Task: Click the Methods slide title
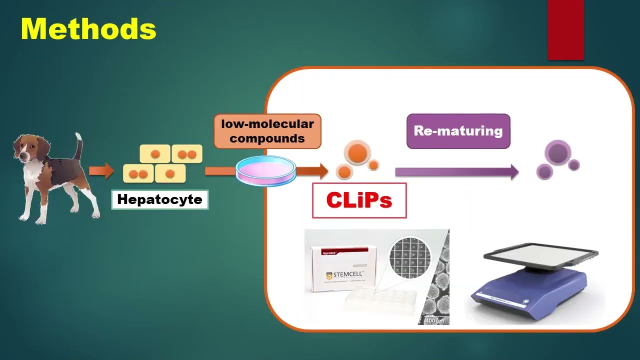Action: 88,29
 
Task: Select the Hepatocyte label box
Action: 159,200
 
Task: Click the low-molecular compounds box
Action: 267,131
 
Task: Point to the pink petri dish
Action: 265,170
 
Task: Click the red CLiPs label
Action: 359,200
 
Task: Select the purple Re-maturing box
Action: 458,131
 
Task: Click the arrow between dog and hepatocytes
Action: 101,171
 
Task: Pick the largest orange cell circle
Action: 357,153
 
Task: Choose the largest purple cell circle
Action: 557,152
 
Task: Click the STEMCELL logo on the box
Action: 344,275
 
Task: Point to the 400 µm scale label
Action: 434,320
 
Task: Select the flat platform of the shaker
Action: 540,255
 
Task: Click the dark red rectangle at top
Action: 565,30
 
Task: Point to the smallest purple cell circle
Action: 574,165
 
